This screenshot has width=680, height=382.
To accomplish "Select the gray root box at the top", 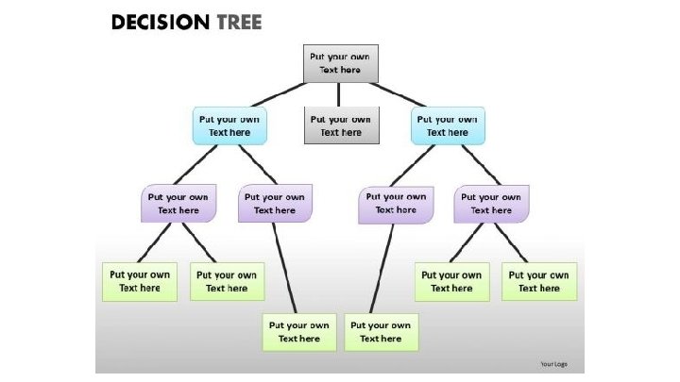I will [340, 63].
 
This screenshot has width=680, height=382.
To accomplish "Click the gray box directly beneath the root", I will [340, 125].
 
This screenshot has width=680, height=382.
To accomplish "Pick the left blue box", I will [229, 125].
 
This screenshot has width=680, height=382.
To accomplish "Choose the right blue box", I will [448, 125].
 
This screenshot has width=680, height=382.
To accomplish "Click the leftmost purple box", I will [178, 204].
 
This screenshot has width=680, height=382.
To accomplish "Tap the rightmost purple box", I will [491, 204].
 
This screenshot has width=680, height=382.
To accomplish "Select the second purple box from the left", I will [275, 204].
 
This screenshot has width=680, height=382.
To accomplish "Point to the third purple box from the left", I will [397, 204].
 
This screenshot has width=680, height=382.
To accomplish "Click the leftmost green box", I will [140, 281].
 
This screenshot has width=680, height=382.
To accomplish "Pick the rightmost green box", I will [539, 281].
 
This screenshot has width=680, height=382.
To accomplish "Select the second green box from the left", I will [228, 281].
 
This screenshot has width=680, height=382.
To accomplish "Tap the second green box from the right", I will [452, 281].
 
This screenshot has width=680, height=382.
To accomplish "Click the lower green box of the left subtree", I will [299, 332].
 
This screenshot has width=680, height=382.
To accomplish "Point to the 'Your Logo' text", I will [552, 363].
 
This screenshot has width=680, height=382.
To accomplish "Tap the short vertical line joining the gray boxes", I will [340, 94].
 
